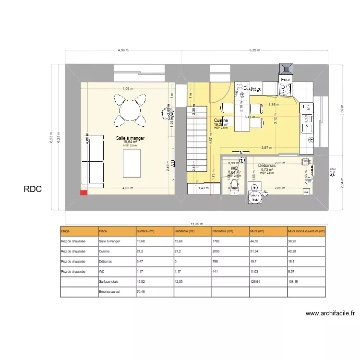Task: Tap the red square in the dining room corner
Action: pos(84,193)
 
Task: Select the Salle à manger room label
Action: pos(130,138)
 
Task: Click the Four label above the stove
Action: pos(286,80)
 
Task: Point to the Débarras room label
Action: pos(267,166)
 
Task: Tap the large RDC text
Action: pos(33,190)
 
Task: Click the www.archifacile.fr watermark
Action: pos(330,313)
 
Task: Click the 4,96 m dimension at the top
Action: pos(123,50)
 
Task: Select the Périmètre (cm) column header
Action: pos(223,231)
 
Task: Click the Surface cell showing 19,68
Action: pos(141,241)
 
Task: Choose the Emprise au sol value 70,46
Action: pos(141,291)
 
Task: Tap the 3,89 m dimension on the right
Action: pos(342,110)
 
